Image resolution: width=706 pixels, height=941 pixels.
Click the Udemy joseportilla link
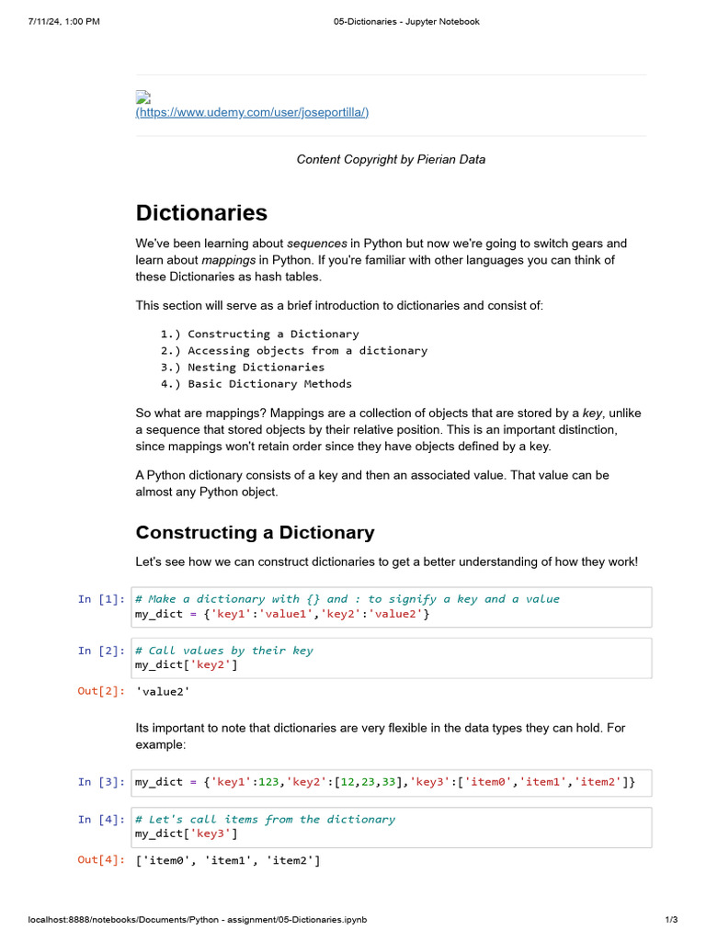[x=252, y=112]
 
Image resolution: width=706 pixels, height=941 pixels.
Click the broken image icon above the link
[x=142, y=97]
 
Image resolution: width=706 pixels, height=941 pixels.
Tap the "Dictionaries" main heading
[x=201, y=213]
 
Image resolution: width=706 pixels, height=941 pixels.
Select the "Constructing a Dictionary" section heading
[x=255, y=533]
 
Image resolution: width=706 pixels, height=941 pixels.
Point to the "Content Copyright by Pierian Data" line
[x=391, y=160]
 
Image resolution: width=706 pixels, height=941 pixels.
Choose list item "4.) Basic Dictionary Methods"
[x=256, y=384]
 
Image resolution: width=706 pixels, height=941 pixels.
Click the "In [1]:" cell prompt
[x=100, y=599]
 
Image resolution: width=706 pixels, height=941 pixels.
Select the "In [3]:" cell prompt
[x=100, y=783]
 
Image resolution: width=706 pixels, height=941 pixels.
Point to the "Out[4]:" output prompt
[x=100, y=861]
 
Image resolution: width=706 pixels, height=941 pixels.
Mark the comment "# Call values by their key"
[x=223, y=651]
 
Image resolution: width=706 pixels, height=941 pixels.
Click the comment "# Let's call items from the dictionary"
[x=265, y=820]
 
